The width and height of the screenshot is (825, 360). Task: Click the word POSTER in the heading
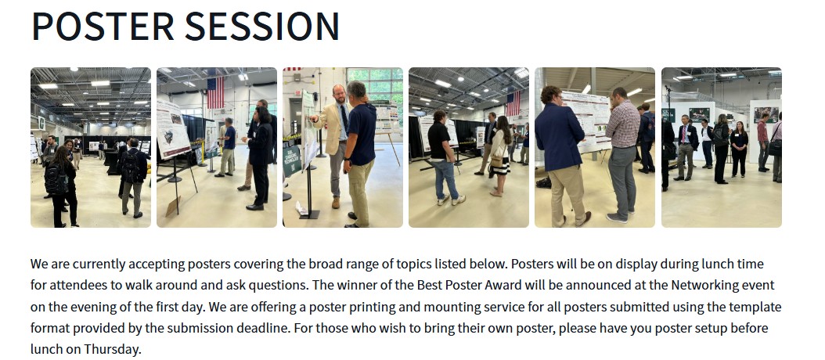(x=103, y=25)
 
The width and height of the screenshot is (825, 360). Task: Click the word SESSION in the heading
(x=262, y=25)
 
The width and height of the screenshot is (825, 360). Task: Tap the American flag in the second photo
(x=215, y=92)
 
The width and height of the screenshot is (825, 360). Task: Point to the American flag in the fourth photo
(x=513, y=103)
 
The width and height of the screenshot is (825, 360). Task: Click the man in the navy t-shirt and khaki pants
(x=359, y=153)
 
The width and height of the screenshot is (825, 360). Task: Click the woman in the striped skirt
(x=499, y=156)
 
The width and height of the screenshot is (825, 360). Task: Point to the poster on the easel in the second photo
(x=173, y=129)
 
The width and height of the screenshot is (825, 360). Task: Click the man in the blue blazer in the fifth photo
(x=561, y=156)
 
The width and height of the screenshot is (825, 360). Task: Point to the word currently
(x=99, y=265)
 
